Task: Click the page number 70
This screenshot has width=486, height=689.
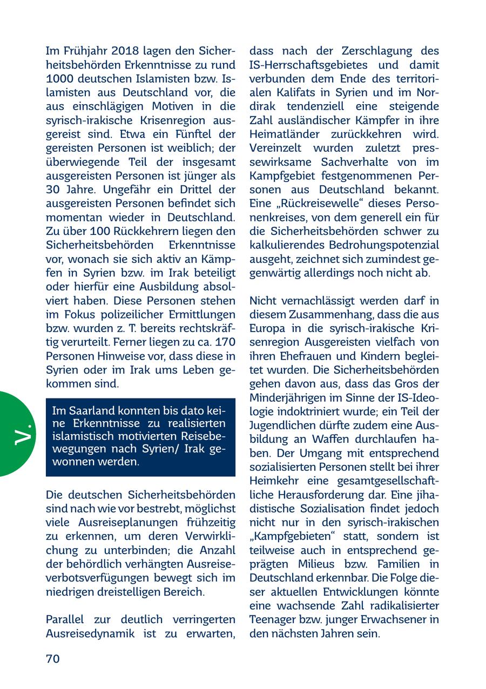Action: click(x=53, y=658)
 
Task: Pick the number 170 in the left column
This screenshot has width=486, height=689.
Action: click(x=225, y=342)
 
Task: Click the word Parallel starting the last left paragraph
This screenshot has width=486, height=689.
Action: click(x=67, y=619)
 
